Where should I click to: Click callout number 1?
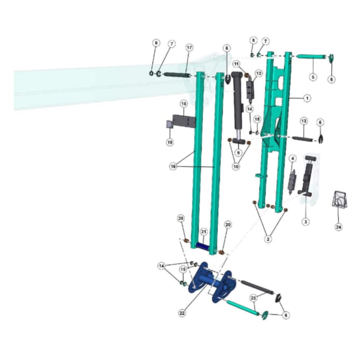pos(307,98)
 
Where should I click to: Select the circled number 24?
pos(338,227)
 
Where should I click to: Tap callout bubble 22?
pos(182,312)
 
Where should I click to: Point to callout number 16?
pos(173,166)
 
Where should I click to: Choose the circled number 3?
pos(306,222)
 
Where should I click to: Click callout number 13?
pos(304,121)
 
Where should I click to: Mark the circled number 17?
pos(189,48)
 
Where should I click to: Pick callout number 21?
pos(204,232)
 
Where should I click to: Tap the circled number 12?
pos(259,73)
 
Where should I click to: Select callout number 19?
pos(169,142)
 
